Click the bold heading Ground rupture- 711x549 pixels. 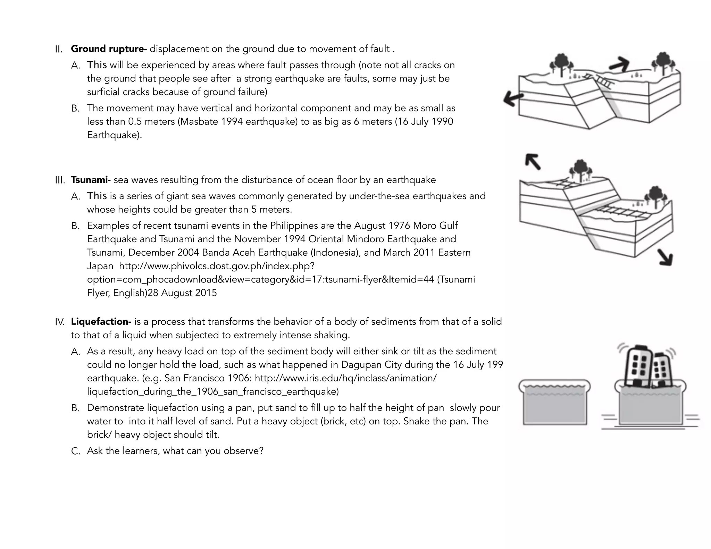click(x=109, y=49)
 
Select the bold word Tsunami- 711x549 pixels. click(x=91, y=180)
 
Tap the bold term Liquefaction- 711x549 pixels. click(x=101, y=322)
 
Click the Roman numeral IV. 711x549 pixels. click(x=60, y=322)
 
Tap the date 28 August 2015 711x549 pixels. click(x=182, y=293)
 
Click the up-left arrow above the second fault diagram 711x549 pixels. click(x=533, y=161)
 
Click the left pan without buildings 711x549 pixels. click(x=554, y=403)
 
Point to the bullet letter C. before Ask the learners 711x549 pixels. click(x=75, y=451)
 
